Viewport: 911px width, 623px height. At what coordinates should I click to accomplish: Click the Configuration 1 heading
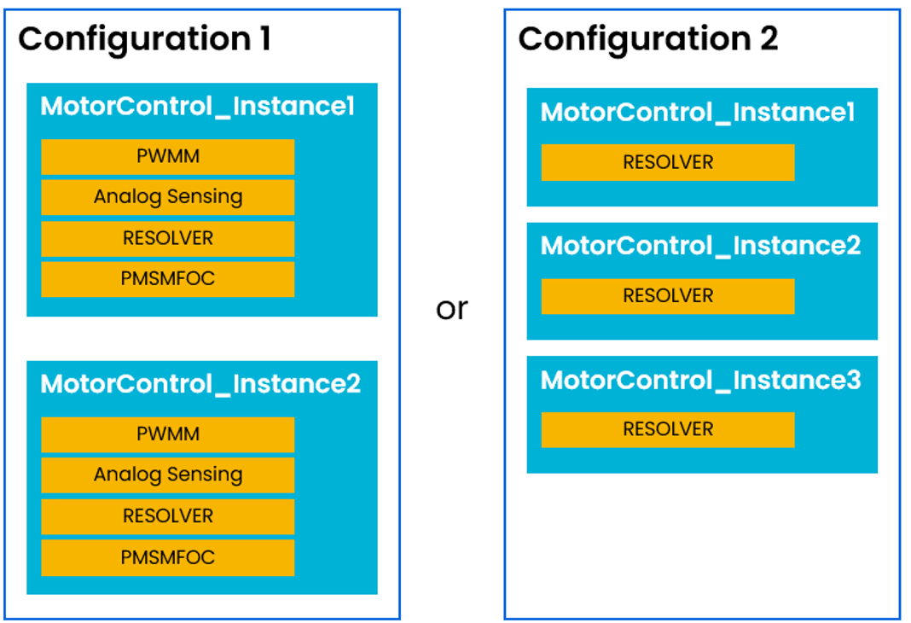(144, 40)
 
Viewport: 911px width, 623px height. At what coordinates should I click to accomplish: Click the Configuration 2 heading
(647, 39)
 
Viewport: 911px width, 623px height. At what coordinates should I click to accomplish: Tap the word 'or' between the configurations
(451, 309)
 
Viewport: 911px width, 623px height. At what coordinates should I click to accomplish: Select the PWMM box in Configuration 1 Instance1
(168, 157)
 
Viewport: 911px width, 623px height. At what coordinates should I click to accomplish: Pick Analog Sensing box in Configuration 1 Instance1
(168, 197)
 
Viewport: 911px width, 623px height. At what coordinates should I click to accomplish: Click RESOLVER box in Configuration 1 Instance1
(168, 238)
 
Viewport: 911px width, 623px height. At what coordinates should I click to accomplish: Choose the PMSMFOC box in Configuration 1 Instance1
(168, 279)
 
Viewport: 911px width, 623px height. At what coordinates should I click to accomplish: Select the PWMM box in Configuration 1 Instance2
(168, 434)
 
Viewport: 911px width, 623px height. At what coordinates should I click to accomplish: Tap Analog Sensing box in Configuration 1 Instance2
(168, 475)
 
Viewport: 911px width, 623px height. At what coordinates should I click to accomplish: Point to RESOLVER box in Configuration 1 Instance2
(168, 516)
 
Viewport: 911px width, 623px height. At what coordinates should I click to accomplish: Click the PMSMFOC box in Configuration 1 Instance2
(168, 557)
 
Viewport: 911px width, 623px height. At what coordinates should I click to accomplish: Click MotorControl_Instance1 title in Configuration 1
(197, 108)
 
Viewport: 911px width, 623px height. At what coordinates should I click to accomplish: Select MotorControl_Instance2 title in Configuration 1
(200, 384)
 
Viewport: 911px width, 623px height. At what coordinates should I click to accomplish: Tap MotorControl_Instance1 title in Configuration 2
(697, 113)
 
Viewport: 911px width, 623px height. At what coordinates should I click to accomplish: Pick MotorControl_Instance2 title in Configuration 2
(700, 246)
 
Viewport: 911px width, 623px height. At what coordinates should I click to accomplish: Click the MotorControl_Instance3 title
(700, 380)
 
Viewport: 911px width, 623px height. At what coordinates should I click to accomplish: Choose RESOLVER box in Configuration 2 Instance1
(668, 162)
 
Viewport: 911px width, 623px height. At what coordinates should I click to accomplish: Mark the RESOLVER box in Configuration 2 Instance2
(668, 296)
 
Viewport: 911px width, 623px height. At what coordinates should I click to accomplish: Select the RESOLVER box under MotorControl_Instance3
(668, 429)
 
